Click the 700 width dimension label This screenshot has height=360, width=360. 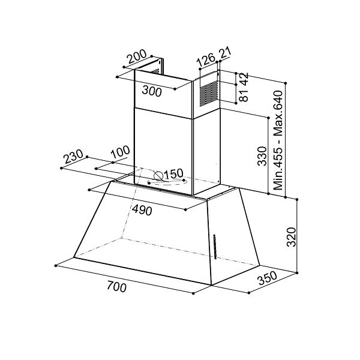click(x=117, y=287)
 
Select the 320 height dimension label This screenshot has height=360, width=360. click(x=291, y=238)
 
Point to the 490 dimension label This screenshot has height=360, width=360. click(x=142, y=211)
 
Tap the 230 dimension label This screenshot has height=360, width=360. click(x=73, y=158)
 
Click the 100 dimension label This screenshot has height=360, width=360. click(x=120, y=153)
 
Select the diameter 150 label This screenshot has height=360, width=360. click(x=173, y=174)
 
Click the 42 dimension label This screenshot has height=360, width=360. click(x=244, y=78)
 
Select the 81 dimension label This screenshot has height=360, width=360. click(x=244, y=95)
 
